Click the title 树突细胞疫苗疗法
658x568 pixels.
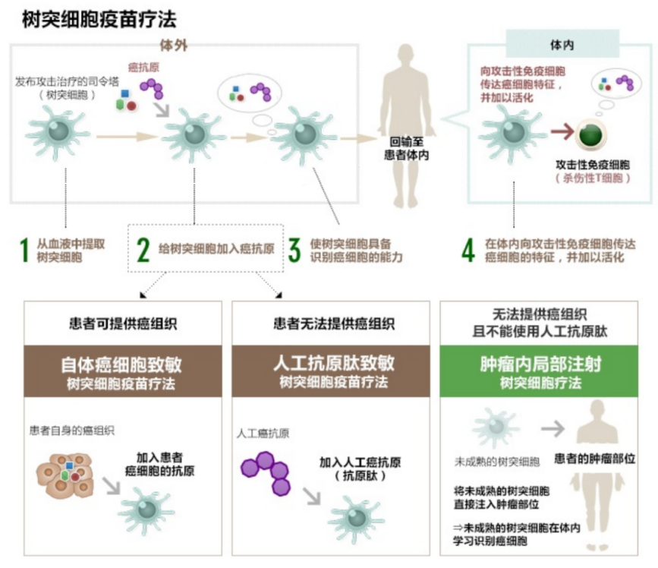click(x=99, y=19)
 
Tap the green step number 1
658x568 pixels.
click(x=24, y=250)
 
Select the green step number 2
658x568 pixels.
click(x=143, y=250)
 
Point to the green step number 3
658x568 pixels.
click(x=294, y=250)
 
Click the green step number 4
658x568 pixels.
click(x=468, y=250)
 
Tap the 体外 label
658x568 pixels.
click(x=173, y=46)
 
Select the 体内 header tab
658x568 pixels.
click(x=562, y=44)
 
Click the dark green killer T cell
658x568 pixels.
click(x=591, y=136)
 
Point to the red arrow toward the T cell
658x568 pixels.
click(x=562, y=132)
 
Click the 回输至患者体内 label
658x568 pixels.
click(x=406, y=149)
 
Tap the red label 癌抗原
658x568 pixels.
click(x=143, y=67)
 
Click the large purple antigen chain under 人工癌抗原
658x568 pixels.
click(x=266, y=473)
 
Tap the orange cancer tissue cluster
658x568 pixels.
click(x=65, y=475)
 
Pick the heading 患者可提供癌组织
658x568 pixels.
click(x=123, y=323)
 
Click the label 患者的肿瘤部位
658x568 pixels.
click(x=595, y=459)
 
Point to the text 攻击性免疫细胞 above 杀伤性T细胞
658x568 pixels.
click(x=593, y=165)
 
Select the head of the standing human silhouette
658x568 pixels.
click(x=406, y=55)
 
